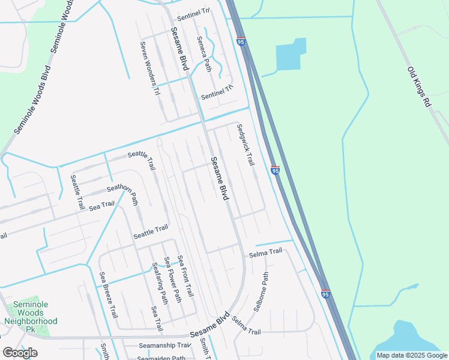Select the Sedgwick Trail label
point(246,145)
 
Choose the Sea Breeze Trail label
point(109,295)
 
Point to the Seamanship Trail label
point(164,345)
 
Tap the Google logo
point(20,353)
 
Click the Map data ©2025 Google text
point(412,355)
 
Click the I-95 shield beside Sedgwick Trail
point(275,171)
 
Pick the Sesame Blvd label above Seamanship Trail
point(210,326)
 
